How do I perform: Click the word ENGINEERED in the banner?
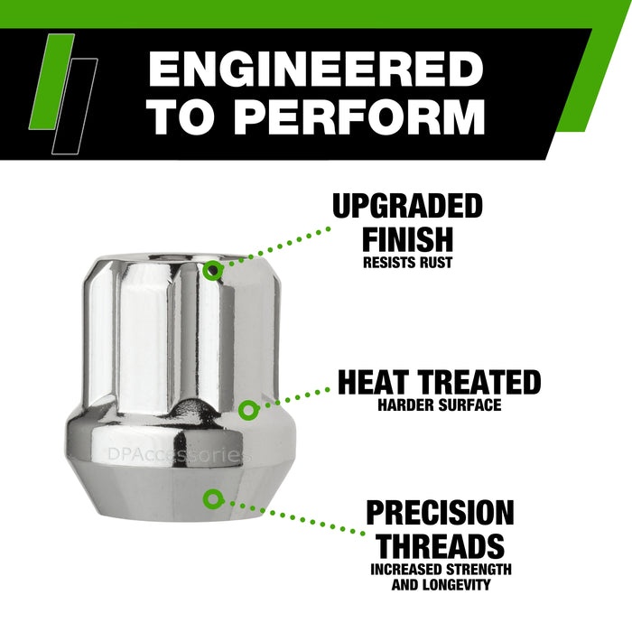coord(316,70)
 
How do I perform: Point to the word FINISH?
coord(407,239)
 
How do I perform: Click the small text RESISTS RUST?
coord(407,264)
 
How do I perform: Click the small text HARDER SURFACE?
coord(440,405)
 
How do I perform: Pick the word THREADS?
coord(440,545)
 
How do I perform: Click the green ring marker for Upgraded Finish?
coord(213,270)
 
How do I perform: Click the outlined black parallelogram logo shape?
coord(74,105)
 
